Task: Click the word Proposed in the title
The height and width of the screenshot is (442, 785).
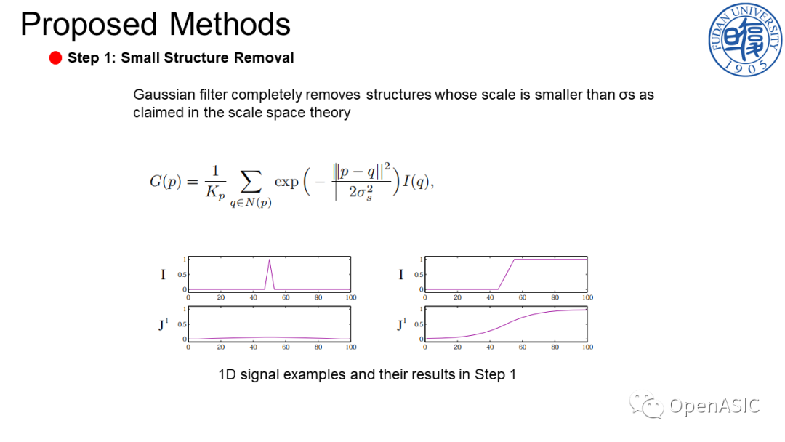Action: [x=89, y=25]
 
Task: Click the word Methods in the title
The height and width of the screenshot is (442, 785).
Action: [x=230, y=23]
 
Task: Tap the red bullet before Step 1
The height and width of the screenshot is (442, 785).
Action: [x=55, y=58]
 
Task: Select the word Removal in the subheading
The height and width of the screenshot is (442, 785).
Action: [x=264, y=57]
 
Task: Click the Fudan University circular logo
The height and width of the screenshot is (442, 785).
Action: [x=745, y=39]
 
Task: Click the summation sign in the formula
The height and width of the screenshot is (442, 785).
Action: [x=251, y=181]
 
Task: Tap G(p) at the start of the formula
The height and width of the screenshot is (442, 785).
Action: [x=165, y=181]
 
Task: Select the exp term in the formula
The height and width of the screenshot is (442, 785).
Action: [x=286, y=182]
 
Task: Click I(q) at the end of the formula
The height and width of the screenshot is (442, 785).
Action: [x=416, y=182]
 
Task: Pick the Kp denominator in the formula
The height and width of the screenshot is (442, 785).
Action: [x=214, y=193]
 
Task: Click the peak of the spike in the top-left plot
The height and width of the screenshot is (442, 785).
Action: [x=270, y=260]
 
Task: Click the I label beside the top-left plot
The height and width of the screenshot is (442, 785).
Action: [x=163, y=274]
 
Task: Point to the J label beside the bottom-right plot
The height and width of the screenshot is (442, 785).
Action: [x=401, y=324]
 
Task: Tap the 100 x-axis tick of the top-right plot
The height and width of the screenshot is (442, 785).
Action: [x=587, y=297]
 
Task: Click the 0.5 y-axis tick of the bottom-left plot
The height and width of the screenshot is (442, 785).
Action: [x=182, y=324]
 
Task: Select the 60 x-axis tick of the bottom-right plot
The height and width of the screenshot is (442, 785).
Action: [x=522, y=347]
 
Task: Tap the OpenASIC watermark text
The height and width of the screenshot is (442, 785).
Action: [x=714, y=406]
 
